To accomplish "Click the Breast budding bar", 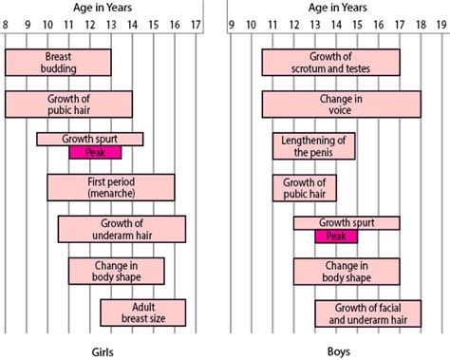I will coord(58,63).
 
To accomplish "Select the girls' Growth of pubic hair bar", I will coord(68,104).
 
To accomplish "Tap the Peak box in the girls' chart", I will coord(95,152).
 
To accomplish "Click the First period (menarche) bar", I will coord(110,187).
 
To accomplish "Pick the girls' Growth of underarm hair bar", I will coord(122,229).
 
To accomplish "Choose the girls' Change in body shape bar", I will coord(116,271).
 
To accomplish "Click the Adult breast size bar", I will coord(142,313).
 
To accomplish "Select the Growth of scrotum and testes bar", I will coord(330,63).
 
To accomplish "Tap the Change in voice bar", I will coord(341,104).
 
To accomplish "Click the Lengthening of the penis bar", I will coord(314,145).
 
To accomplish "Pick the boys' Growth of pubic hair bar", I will coord(304,187).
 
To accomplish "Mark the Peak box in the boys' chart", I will coord(336,236).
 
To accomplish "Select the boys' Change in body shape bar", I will coord(346,271).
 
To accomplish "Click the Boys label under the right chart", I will coord(337,349).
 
